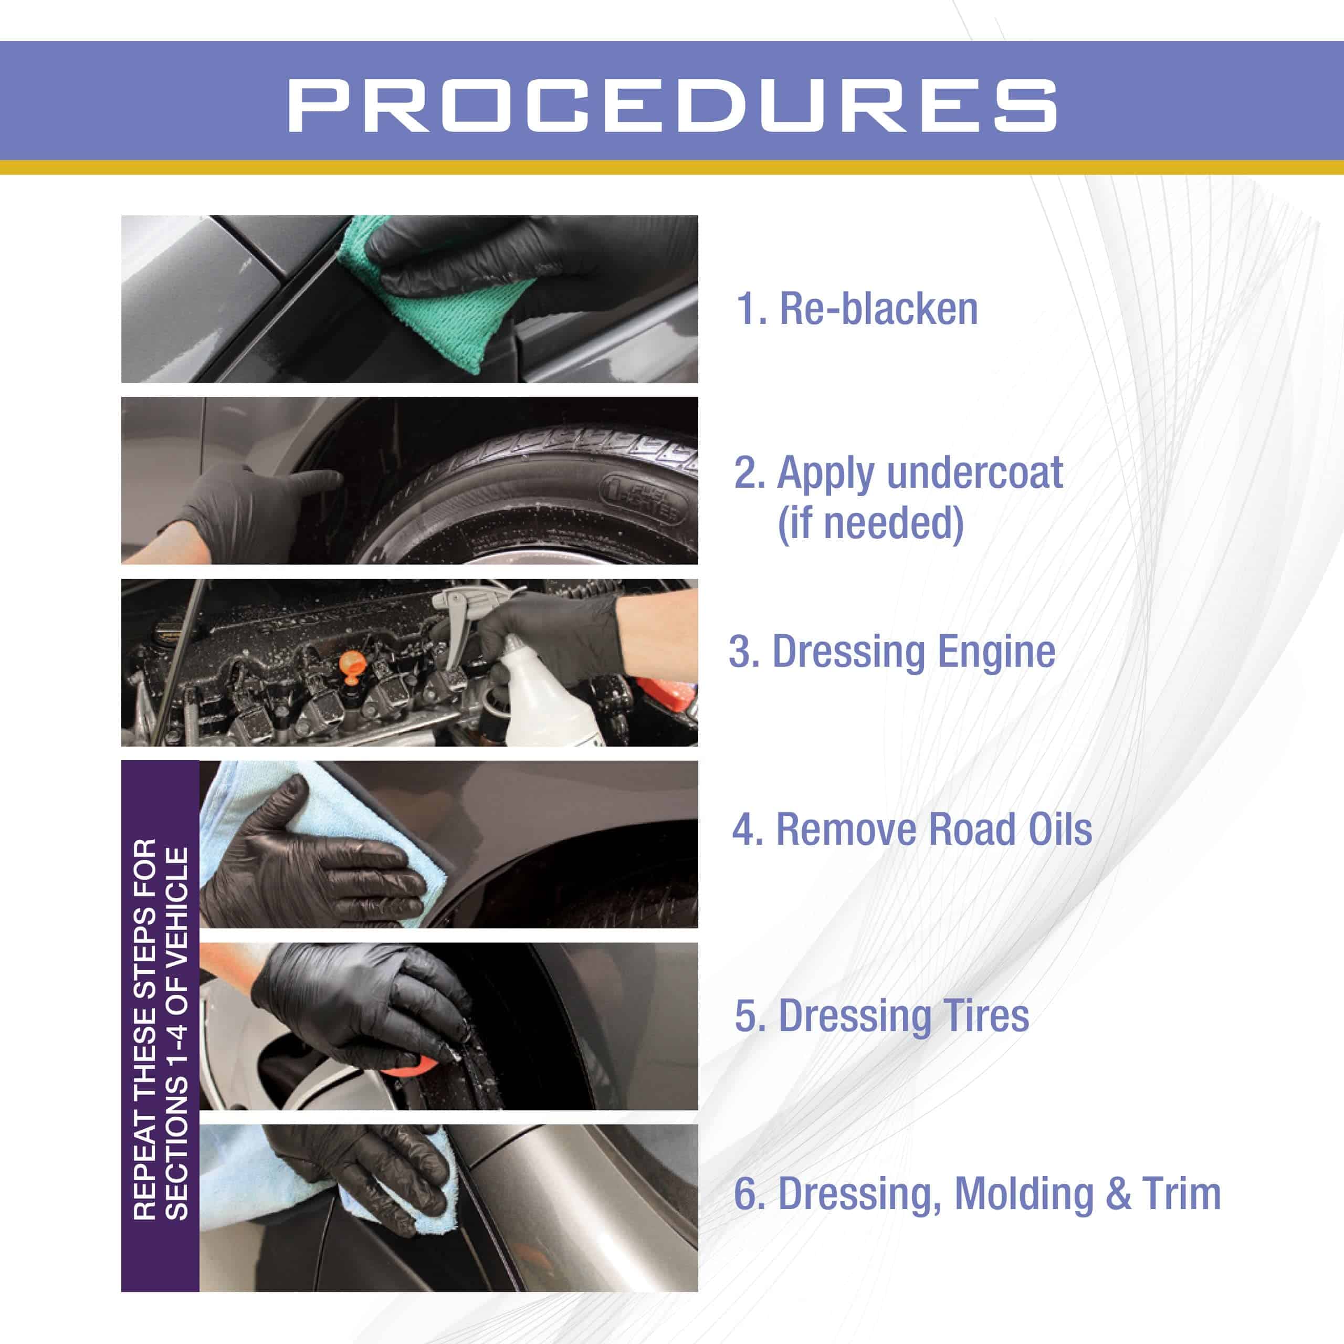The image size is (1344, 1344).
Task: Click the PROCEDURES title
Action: click(x=672, y=105)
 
